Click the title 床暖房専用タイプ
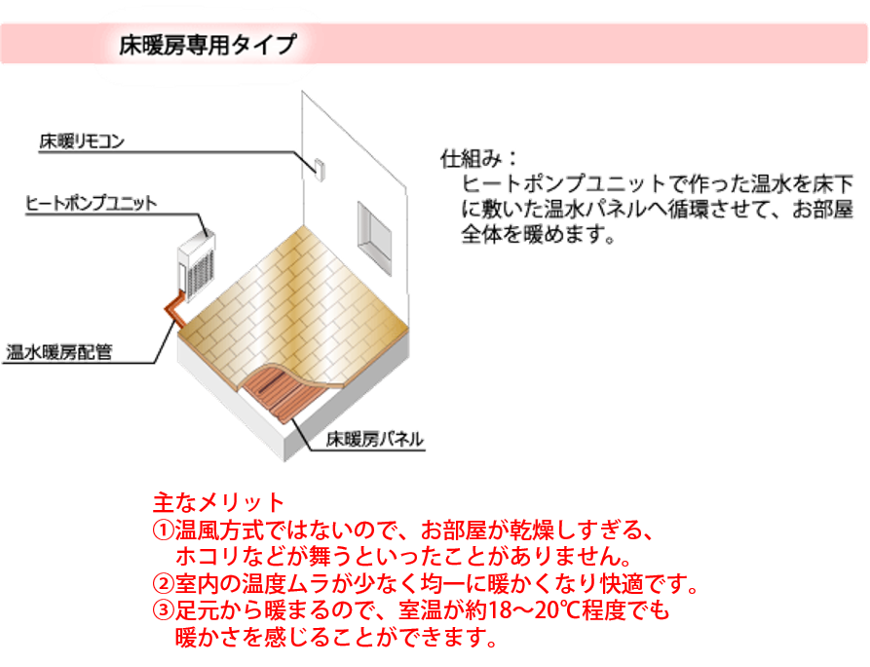206,45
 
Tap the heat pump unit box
198,260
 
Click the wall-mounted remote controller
318,168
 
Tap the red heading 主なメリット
218,503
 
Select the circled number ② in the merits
163,586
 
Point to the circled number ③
163,613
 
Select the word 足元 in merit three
199,613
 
